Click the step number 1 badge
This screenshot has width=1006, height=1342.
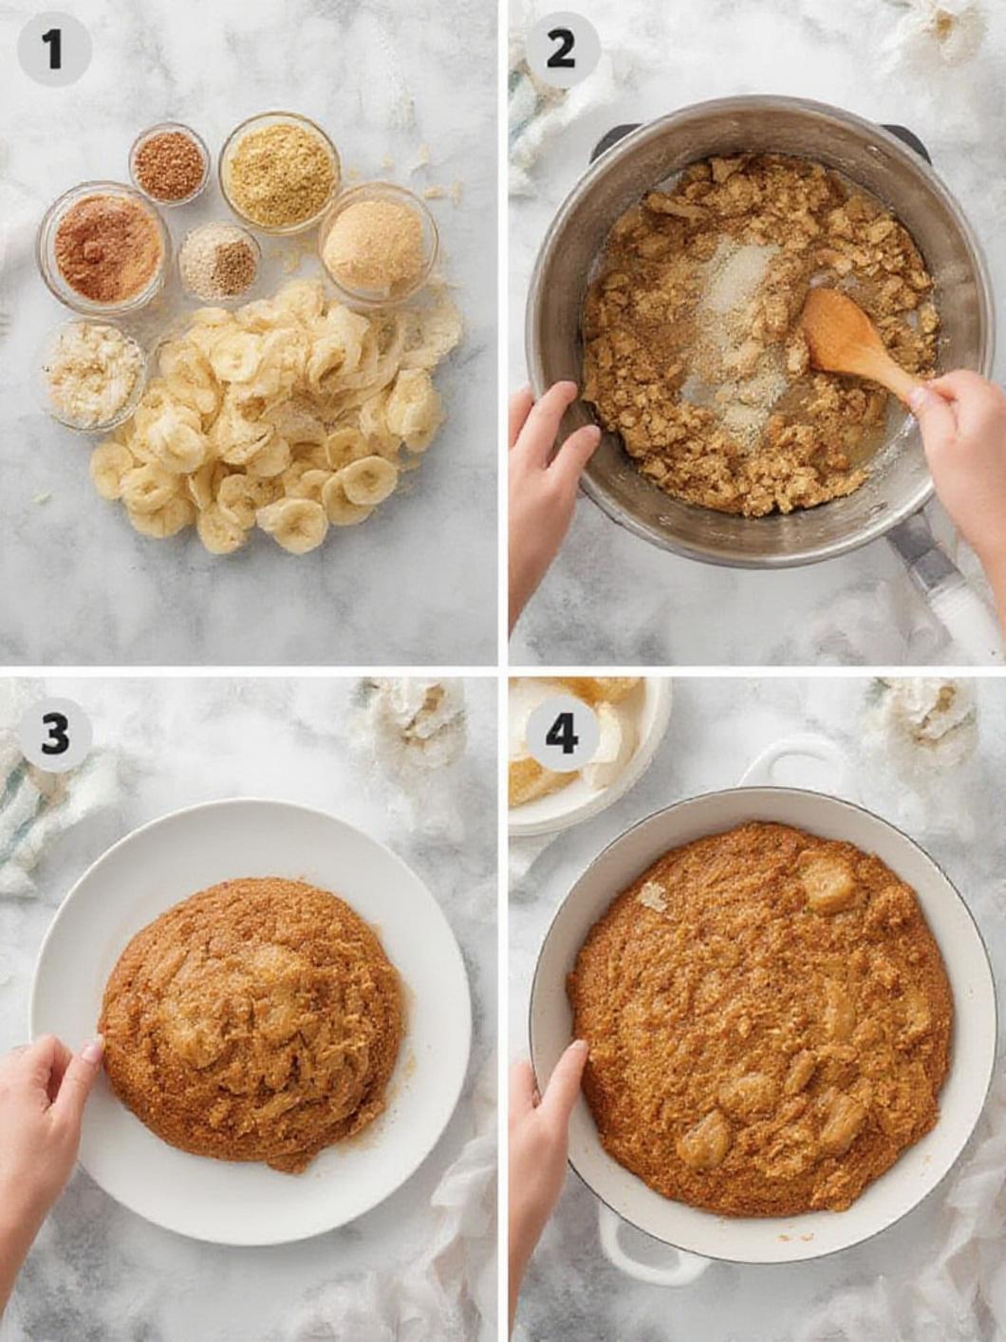click(x=54, y=48)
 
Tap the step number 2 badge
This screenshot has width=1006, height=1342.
click(x=561, y=48)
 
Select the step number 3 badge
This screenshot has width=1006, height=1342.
click(x=54, y=734)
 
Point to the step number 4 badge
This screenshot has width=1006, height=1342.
click(x=561, y=734)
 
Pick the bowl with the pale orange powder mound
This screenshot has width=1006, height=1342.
click(x=378, y=245)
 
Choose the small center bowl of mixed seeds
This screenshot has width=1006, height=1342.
click(x=219, y=261)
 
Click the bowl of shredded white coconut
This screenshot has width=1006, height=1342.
click(x=94, y=372)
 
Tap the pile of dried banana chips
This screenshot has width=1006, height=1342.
click(x=269, y=421)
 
